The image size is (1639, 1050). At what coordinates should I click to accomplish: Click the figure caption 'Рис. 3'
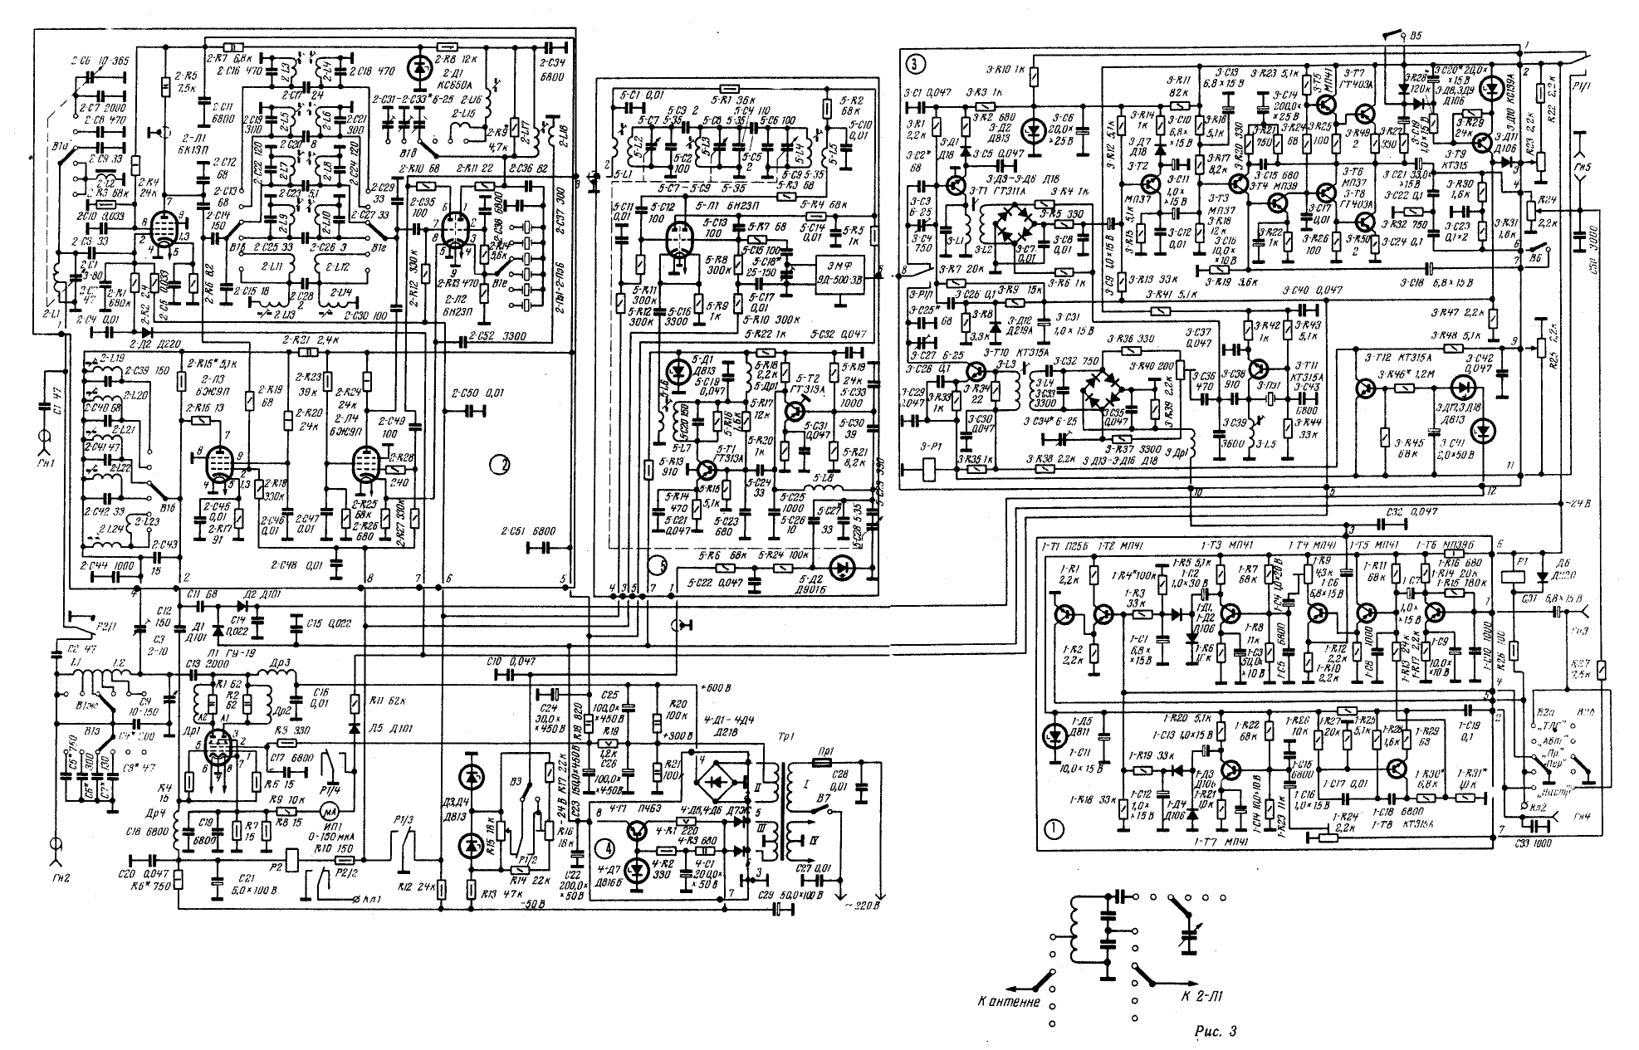pos(1214,1032)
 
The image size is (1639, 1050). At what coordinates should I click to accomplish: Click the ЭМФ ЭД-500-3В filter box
pos(845,268)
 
